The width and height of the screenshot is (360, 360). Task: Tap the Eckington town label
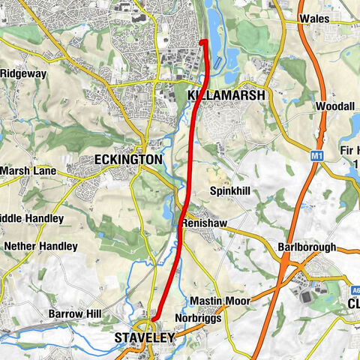click(128, 160)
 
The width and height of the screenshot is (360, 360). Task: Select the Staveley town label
click(144, 338)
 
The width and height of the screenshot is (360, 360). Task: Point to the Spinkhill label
click(230, 191)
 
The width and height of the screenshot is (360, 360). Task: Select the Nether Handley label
click(40, 246)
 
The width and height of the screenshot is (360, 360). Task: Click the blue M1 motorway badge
click(316, 156)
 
